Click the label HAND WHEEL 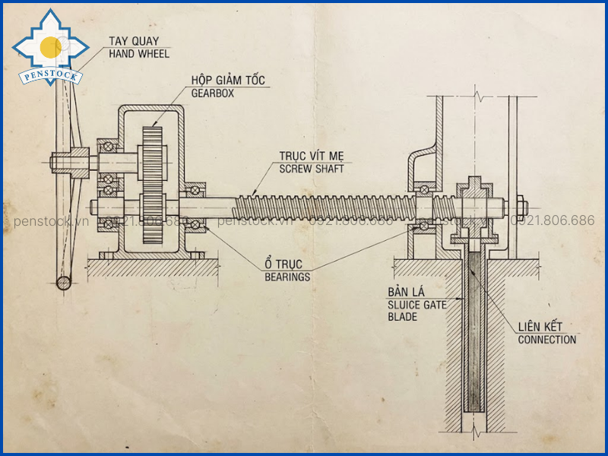139,53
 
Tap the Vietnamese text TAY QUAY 134,41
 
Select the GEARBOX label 213,93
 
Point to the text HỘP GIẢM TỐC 228,80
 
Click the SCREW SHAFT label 312,169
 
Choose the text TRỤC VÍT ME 312,156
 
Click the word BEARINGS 287,277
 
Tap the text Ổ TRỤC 283,264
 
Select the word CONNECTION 547,340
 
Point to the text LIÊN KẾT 540,327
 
